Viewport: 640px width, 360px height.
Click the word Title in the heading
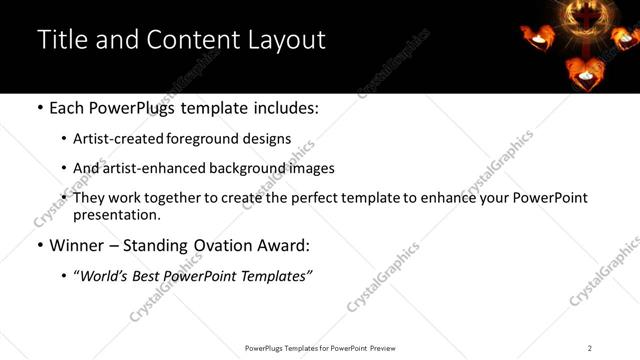coord(60,40)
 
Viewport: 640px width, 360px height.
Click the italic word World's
coord(103,275)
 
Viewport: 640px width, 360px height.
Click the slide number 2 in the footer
coord(590,347)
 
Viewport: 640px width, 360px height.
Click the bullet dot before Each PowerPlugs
coord(39,108)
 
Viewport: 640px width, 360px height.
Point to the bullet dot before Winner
coord(39,244)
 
